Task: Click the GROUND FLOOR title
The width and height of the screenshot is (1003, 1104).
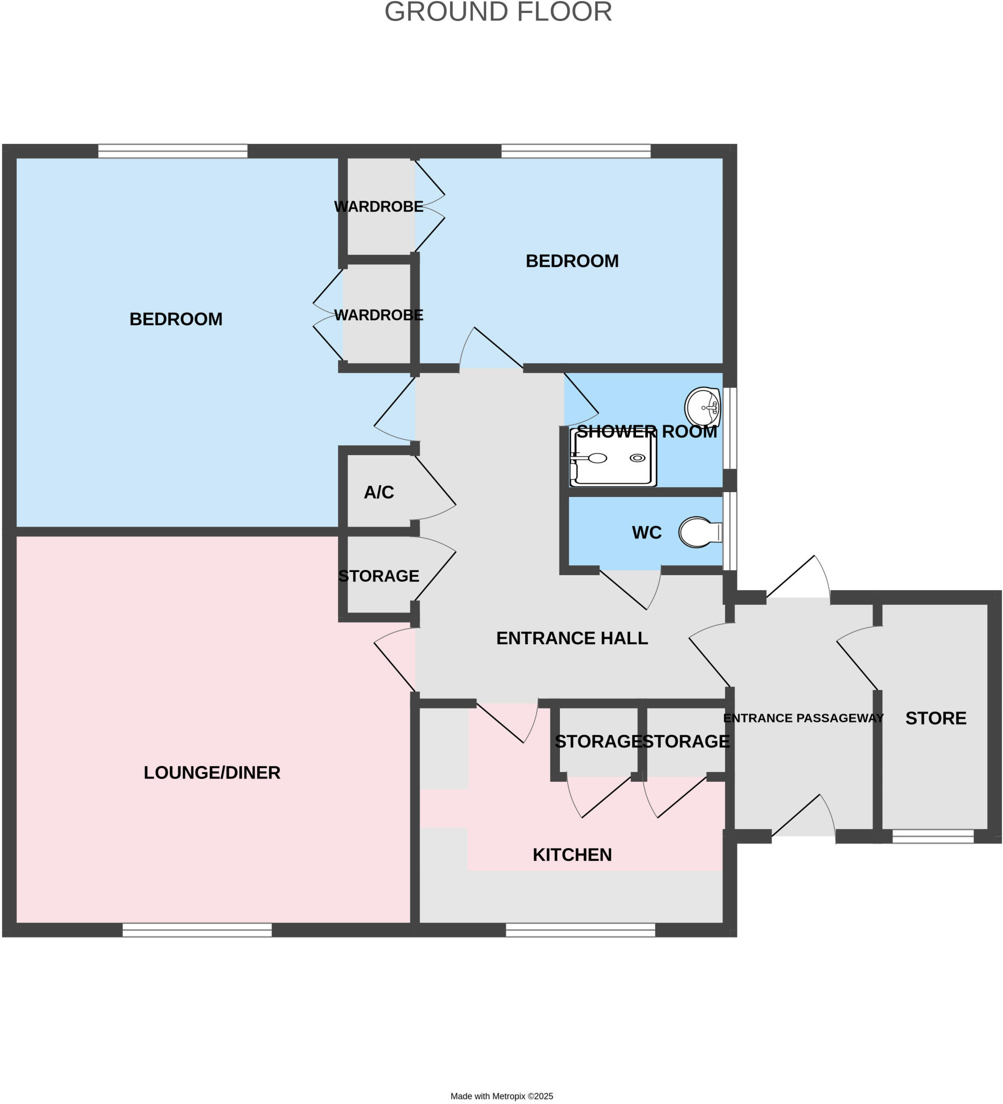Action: pyautogui.click(x=497, y=12)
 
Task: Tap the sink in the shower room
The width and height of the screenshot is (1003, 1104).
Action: pyautogui.click(x=702, y=407)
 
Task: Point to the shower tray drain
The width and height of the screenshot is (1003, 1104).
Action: pyautogui.click(x=637, y=458)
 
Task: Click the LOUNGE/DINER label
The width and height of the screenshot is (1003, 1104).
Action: pyautogui.click(x=212, y=772)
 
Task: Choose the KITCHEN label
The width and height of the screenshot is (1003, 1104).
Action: pyautogui.click(x=572, y=855)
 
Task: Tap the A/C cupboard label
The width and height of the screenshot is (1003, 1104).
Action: pyautogui.click(x=378, y=492)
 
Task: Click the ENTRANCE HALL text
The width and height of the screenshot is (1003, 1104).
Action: pyautogui.click(x=572, y=638)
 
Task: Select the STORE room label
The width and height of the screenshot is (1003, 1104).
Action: pyautogui.click(x=935, y=719)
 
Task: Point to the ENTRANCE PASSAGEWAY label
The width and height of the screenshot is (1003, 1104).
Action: pyautogui.click(x=803, y=718)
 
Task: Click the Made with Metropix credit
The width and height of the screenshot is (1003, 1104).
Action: pyautogui.click(x=501, y=1096)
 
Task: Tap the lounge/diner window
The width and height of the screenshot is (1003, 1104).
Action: pyautogui.click(x=197, y=930)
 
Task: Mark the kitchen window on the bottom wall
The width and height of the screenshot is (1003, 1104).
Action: pyautogui.click(x=580, y=930)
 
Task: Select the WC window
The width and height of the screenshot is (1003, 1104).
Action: pyautogui.click(x=729, y=531)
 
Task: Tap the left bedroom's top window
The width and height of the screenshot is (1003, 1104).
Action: pyautogui.click(x=172, y=150)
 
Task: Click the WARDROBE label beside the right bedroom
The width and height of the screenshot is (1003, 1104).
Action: pyautogui.click(x=378, y=206)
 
